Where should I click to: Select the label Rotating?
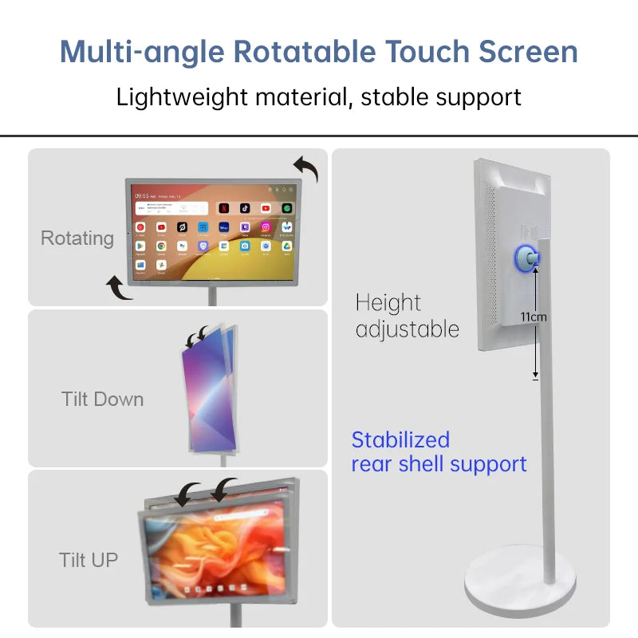pyautogui.click(x=77, y=238)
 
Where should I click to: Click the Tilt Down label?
pyautogui.click(x=102, y=399)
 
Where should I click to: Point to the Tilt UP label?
pyautogui.click(x=88, y=560)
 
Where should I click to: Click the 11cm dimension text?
pyautogui.click(x=534, y=317)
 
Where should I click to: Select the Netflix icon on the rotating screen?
pyautogui.click(x=224, y=208)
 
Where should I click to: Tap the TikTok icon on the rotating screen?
pyautogui.click(x=245, y=208)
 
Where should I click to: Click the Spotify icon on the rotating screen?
pyautogui.click(x=287, y=208)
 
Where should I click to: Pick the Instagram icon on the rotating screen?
pyautogui.click(x=266, y=227)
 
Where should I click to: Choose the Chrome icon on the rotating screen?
pyautogui.click(x=161, y=246)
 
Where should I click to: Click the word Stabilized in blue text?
pyautogui.click(x=400, y=439)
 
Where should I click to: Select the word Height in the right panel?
pyautogui.click(x=388, y=303)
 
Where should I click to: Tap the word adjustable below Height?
pyautogui.click(x=408, y=329)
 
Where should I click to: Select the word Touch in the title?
pyautogui.click(x=427, y=52)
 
